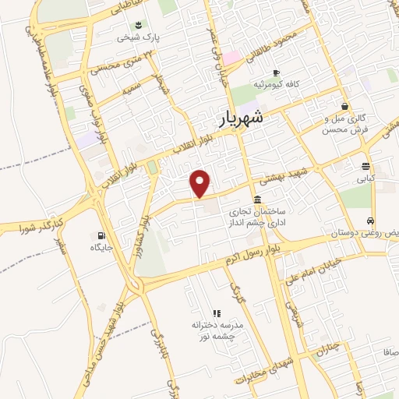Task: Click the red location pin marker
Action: click(201, 182)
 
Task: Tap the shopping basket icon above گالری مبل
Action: click(344, 106)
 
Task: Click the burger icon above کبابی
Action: click(365, 165)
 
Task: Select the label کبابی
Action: click(365, 178)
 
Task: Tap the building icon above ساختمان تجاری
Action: click(258, 198)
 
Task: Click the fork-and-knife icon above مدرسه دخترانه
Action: click(217, 312)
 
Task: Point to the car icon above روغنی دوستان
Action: click(373, 221)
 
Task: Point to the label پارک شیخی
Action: click(132, 37)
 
